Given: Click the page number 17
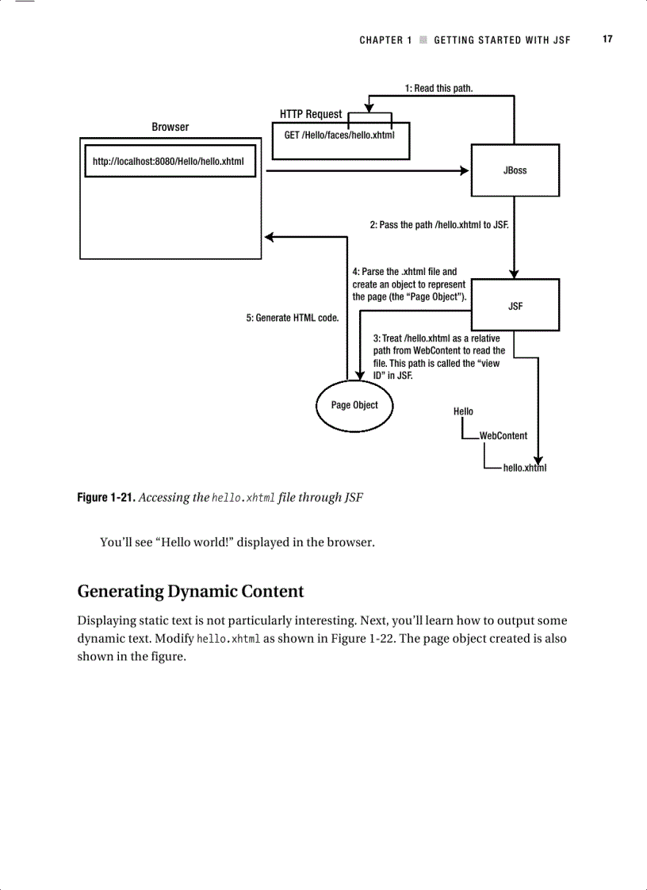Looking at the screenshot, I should point(607,39).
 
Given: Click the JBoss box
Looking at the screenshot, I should point(515,170).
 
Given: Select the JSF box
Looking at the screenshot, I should point(515,306).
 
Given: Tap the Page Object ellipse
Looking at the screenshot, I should point(354,405).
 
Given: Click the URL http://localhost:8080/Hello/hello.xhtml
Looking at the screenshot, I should point(168,162).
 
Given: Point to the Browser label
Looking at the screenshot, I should point(170,127).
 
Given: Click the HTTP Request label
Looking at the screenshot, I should point(311,114).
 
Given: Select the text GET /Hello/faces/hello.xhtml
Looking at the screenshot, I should point(339,136).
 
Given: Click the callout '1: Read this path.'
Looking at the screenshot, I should point(438,88).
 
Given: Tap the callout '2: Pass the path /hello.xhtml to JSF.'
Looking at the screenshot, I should point(438,225).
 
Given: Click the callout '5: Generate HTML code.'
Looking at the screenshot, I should point(293,318).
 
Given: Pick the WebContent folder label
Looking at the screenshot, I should point(503,436).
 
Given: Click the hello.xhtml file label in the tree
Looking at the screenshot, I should point(524,468).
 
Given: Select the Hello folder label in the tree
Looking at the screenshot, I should point(463,411).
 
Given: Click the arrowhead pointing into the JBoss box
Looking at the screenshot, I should point(465,170).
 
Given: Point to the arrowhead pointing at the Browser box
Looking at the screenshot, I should point(270,237).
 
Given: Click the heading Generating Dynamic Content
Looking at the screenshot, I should point(190,591).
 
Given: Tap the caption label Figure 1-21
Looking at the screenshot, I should point(105,498).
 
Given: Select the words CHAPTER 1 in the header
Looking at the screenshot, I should point(385,40).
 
